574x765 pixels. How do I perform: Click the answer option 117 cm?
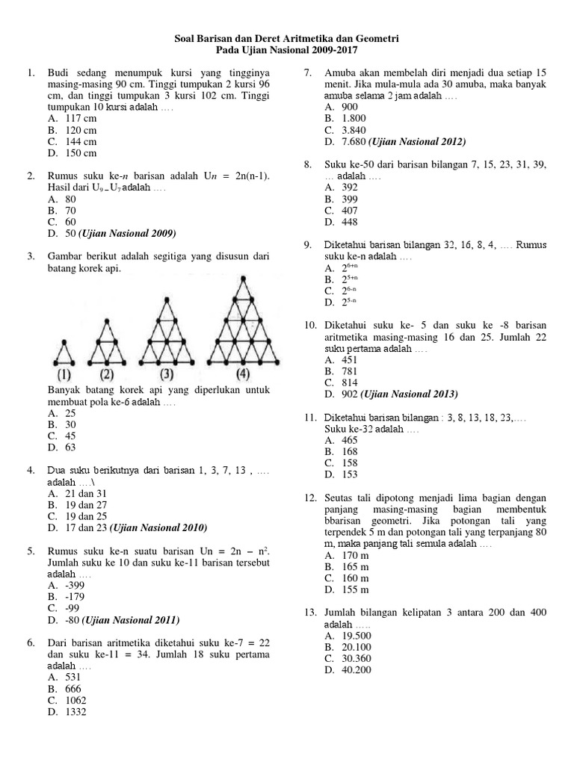[x=81, y=118]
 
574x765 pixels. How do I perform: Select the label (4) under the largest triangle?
[x=243, y=374]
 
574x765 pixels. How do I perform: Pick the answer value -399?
[x=76, y=586]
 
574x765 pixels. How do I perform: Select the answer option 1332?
[x=76, y=712]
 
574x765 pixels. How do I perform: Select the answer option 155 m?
[x=354, y=589]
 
